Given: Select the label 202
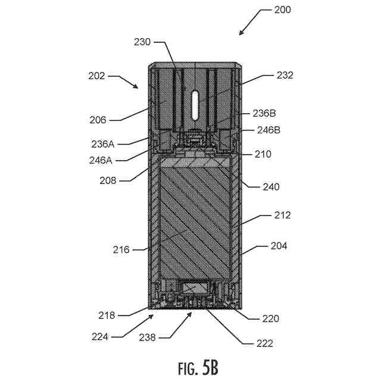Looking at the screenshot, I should point(96,76).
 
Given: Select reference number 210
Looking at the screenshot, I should point(263,154).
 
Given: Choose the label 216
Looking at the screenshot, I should point(121,250).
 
